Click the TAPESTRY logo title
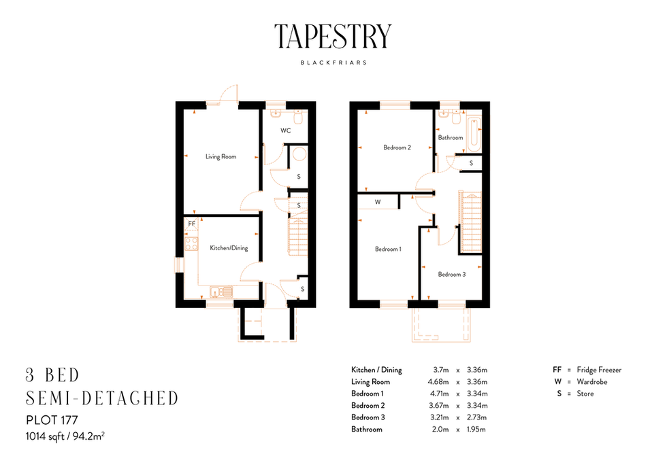(x=333, y=36)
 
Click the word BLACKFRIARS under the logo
(x=333, y=62)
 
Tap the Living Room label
(x=221, y=157)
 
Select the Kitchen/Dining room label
(x=228, y=248)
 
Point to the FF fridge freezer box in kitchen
(x=191, y=223)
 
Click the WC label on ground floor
(x=285, y=131)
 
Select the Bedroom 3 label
(x=452, y=275)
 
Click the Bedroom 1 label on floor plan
(x=388, y=249)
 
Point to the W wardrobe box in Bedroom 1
(x=377, y=202)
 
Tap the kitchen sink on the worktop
(x=221, y=292)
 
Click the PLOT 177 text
(x=50, y=419)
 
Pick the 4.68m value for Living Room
(x=439, y=382)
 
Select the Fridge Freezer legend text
(x=599, y=370)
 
